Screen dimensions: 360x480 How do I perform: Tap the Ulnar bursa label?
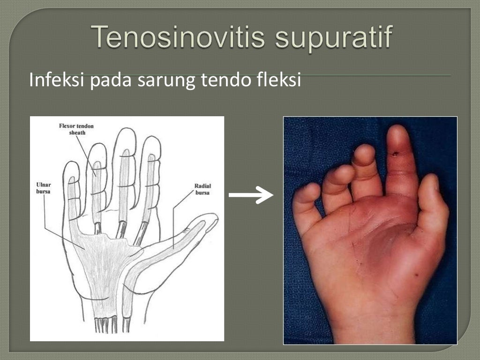coord(43,188)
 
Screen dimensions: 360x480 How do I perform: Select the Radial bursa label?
coord(202,189)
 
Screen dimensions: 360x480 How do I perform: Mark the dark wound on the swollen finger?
coord(396,152)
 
